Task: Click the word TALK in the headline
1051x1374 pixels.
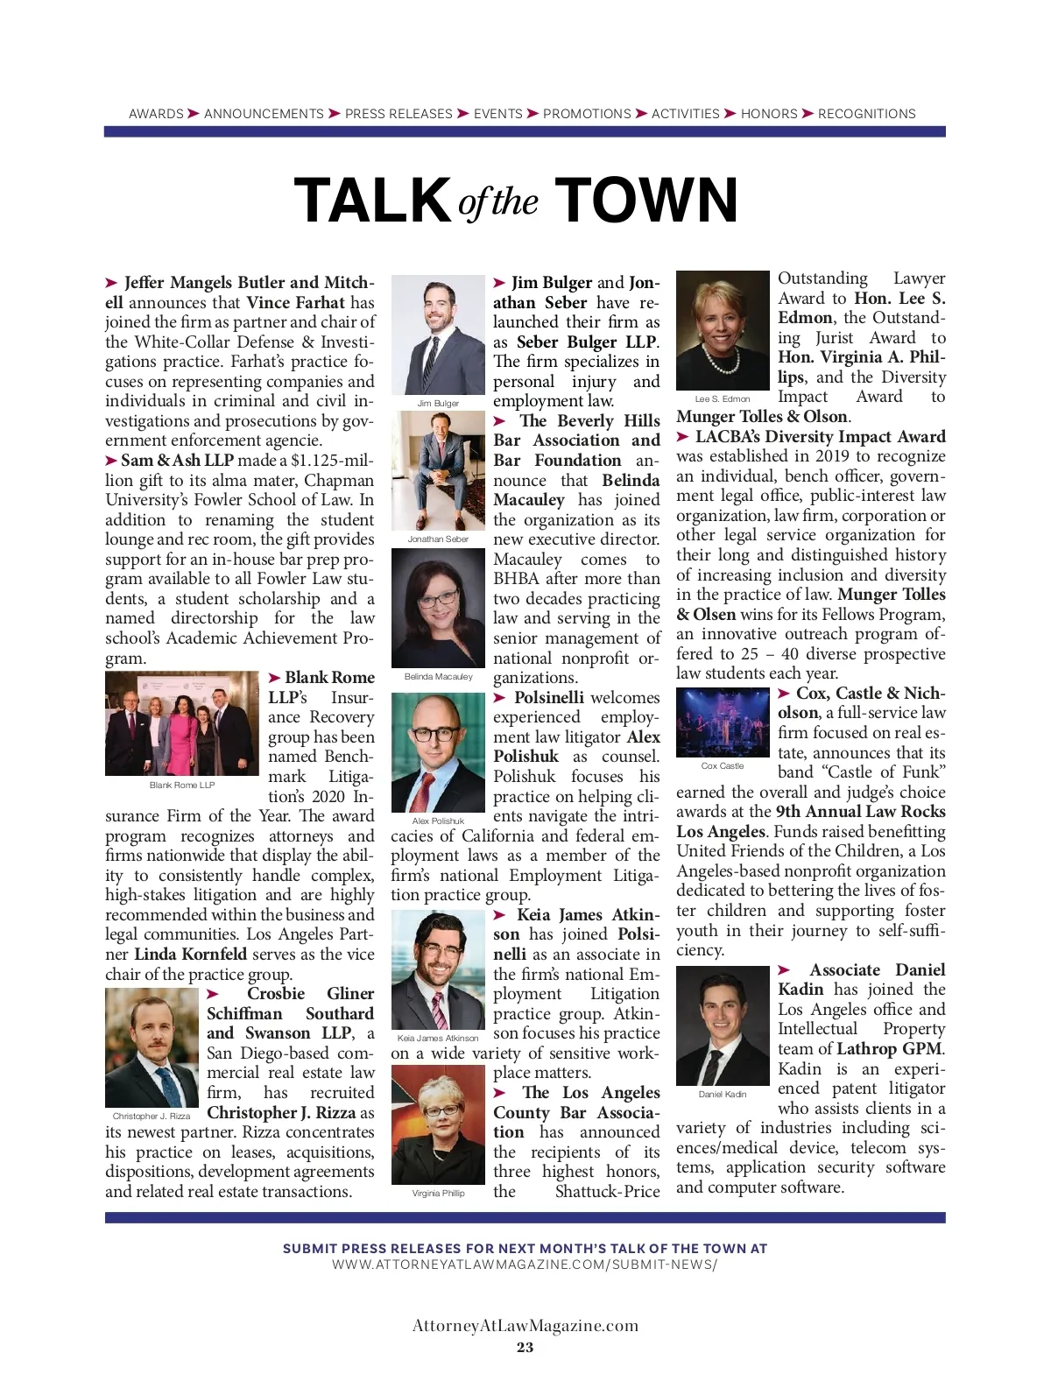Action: (372, 201)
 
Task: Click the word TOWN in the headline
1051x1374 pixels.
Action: (646, 201)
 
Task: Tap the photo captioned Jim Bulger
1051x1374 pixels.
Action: (438, 335)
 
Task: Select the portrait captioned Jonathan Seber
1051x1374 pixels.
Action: (438, 470)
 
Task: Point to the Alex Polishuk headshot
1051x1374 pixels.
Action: (438, 752)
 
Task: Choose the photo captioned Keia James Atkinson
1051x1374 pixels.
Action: (438, 969)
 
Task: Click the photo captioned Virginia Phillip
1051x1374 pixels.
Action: (438, 1130)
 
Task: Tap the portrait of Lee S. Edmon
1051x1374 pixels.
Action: (723, 331)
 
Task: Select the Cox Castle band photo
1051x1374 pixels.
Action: (723, 723)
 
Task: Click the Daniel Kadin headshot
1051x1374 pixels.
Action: (723, 1025)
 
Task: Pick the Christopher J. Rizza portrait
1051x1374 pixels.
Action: (152, 1047)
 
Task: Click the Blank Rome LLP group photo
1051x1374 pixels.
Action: (182, 723)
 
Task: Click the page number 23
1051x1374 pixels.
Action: (525, 1347)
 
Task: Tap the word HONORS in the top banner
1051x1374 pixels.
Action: (769, 114)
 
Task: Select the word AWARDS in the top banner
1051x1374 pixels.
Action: (156, 114)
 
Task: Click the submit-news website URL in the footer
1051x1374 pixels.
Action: (525, 1265)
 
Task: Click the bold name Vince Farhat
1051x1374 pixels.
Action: (295, 303)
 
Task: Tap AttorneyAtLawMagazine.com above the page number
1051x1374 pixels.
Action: (525, 1325)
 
